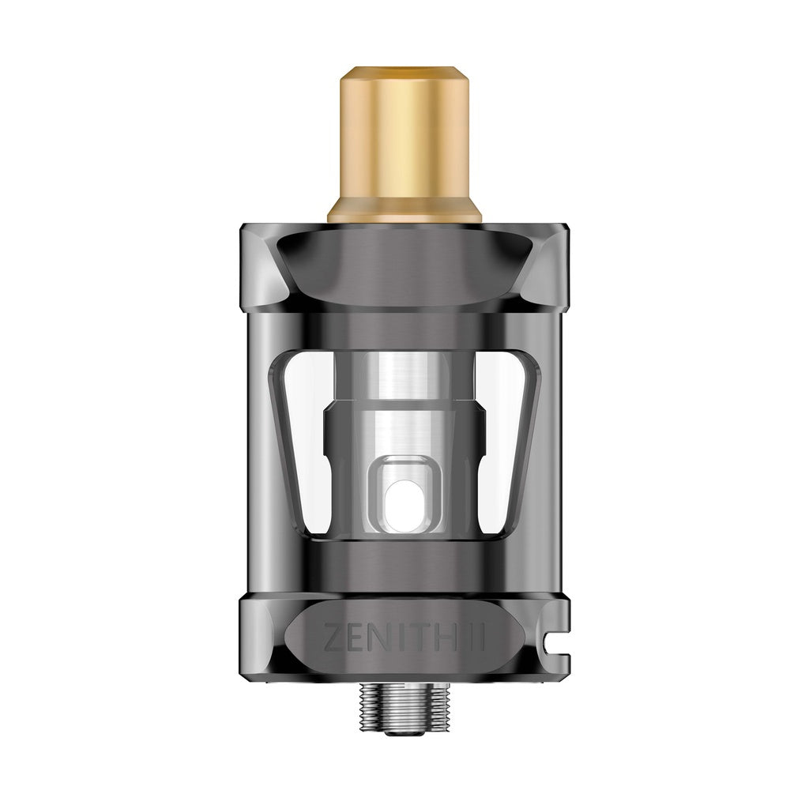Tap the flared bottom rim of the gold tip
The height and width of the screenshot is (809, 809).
(x=404, y=212)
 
